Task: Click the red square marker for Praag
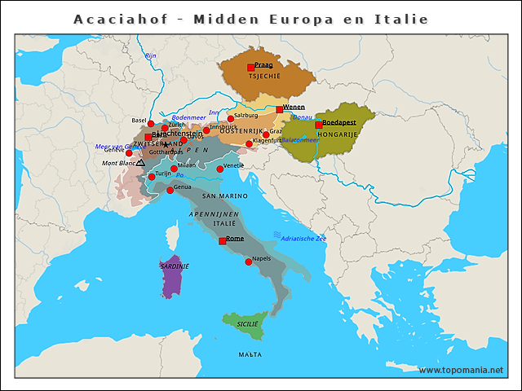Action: pos(251,68)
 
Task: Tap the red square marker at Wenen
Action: pos(279,109)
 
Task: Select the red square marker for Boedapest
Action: pos(319,125)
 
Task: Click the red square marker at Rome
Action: pos(222,241)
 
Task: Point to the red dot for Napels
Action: pos(249,261)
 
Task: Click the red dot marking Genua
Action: pos(170,190)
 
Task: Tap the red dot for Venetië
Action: pos(219,169)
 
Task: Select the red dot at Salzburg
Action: pos(231,119)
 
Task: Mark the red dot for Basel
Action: pos(151,124)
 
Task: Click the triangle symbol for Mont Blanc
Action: pos(140,163)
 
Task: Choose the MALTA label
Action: pos(250,355)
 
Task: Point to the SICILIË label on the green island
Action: pos(247,323)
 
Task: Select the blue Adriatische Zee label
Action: pos(303,239)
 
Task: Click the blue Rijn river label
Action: pos(150,55)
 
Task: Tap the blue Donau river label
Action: pos(302,117)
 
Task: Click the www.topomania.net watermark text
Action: pos(461,370)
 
